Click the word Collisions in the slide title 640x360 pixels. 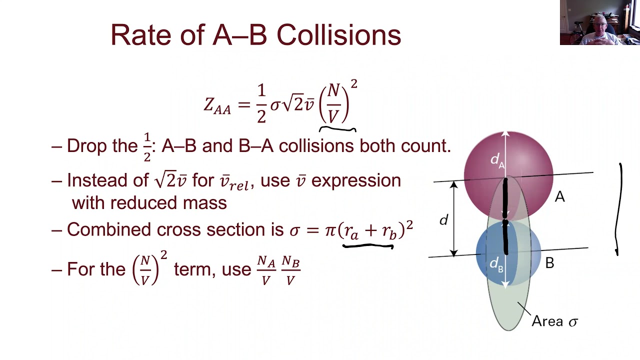338,35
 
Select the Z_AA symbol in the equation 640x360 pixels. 217,105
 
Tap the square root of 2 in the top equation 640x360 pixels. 293,104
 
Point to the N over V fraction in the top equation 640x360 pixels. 333,103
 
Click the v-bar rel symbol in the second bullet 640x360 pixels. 234,181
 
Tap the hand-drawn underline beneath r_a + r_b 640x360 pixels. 367,245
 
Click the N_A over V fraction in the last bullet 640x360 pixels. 265,270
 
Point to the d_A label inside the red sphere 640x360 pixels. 497,160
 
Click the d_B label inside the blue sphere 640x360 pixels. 496,263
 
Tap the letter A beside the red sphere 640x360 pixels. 559,197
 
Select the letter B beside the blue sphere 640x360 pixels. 549,263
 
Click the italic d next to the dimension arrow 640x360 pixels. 443,219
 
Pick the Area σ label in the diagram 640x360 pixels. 554,321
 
